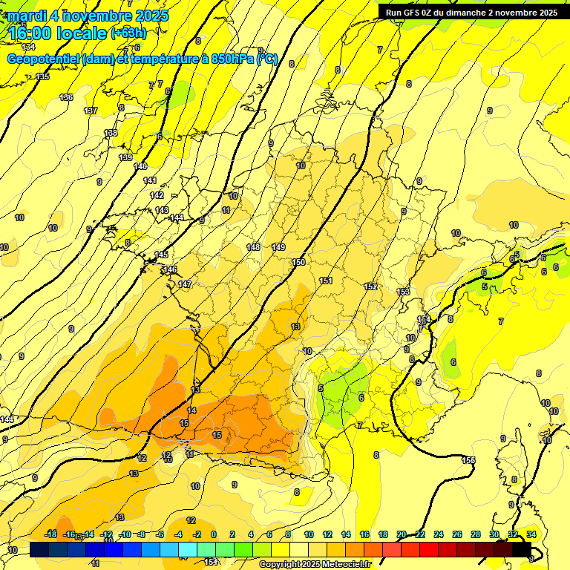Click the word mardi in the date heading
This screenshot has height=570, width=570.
tap(27, 16)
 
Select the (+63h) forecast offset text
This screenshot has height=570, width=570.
tap(128, 33)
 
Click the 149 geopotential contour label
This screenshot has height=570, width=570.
tap(278, 247)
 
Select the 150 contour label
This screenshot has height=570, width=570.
tap(298, 262)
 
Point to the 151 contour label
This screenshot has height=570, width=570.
tap(326, 281)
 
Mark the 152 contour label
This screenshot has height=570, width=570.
tap(370, 286)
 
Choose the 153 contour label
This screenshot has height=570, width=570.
tap(403, 292)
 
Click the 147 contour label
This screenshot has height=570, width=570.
tap(185, 284)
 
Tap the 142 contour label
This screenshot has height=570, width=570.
tap(157, 195)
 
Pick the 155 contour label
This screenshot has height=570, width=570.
tap(468, 460)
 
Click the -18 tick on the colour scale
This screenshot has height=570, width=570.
tap(51, 534)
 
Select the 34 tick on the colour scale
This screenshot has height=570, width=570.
tap(531, 534)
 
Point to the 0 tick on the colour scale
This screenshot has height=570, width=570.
tap(214, 534)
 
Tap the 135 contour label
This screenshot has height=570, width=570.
tap(42, 76)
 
